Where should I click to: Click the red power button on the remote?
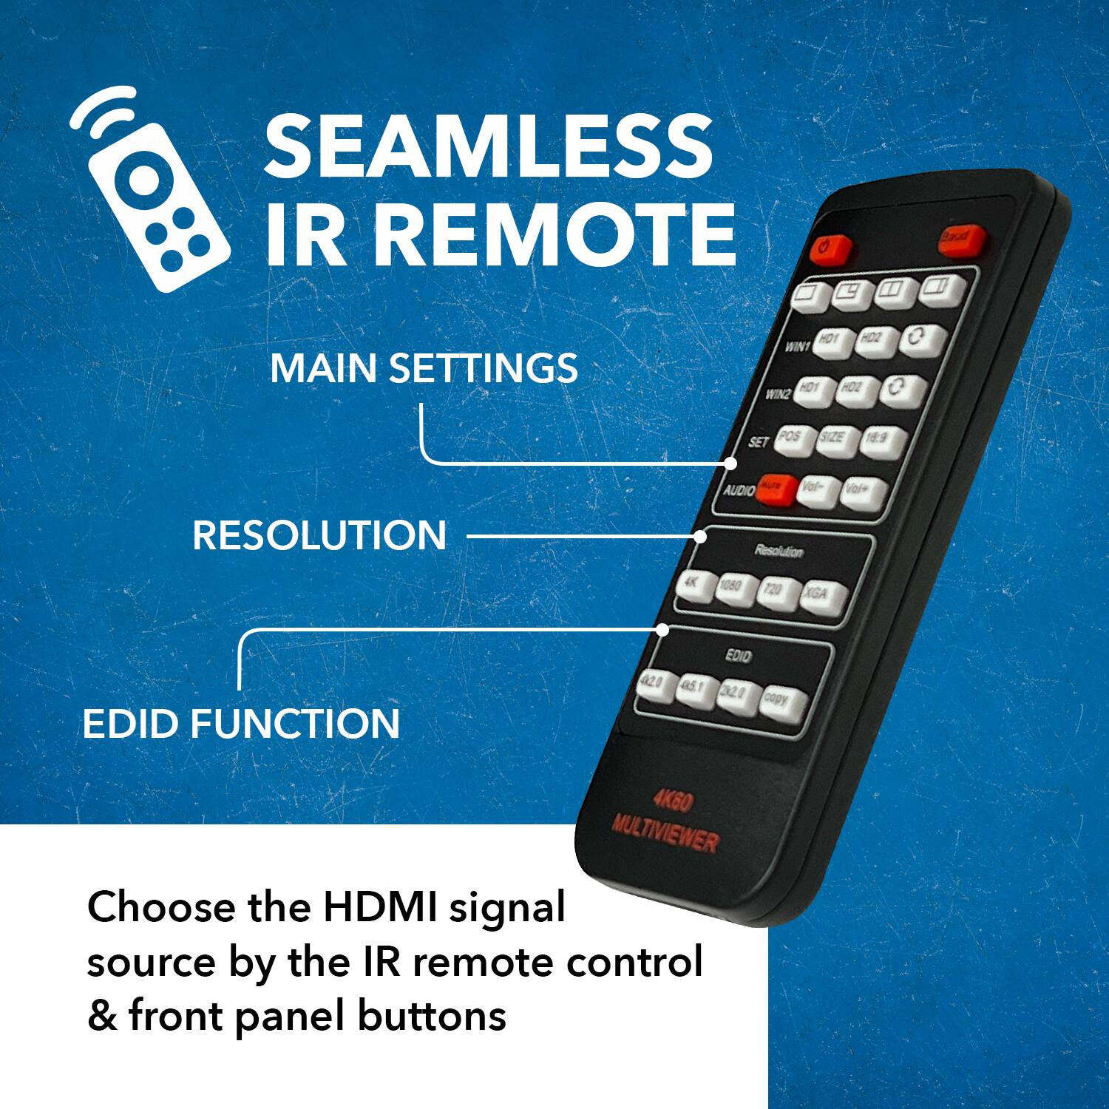(830, 250)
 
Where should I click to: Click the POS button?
(793, 439)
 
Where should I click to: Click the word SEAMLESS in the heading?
(489, 146)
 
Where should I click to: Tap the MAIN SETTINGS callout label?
(424, 368)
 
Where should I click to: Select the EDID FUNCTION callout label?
(241, 724)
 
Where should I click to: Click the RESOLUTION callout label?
(319, 535)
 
